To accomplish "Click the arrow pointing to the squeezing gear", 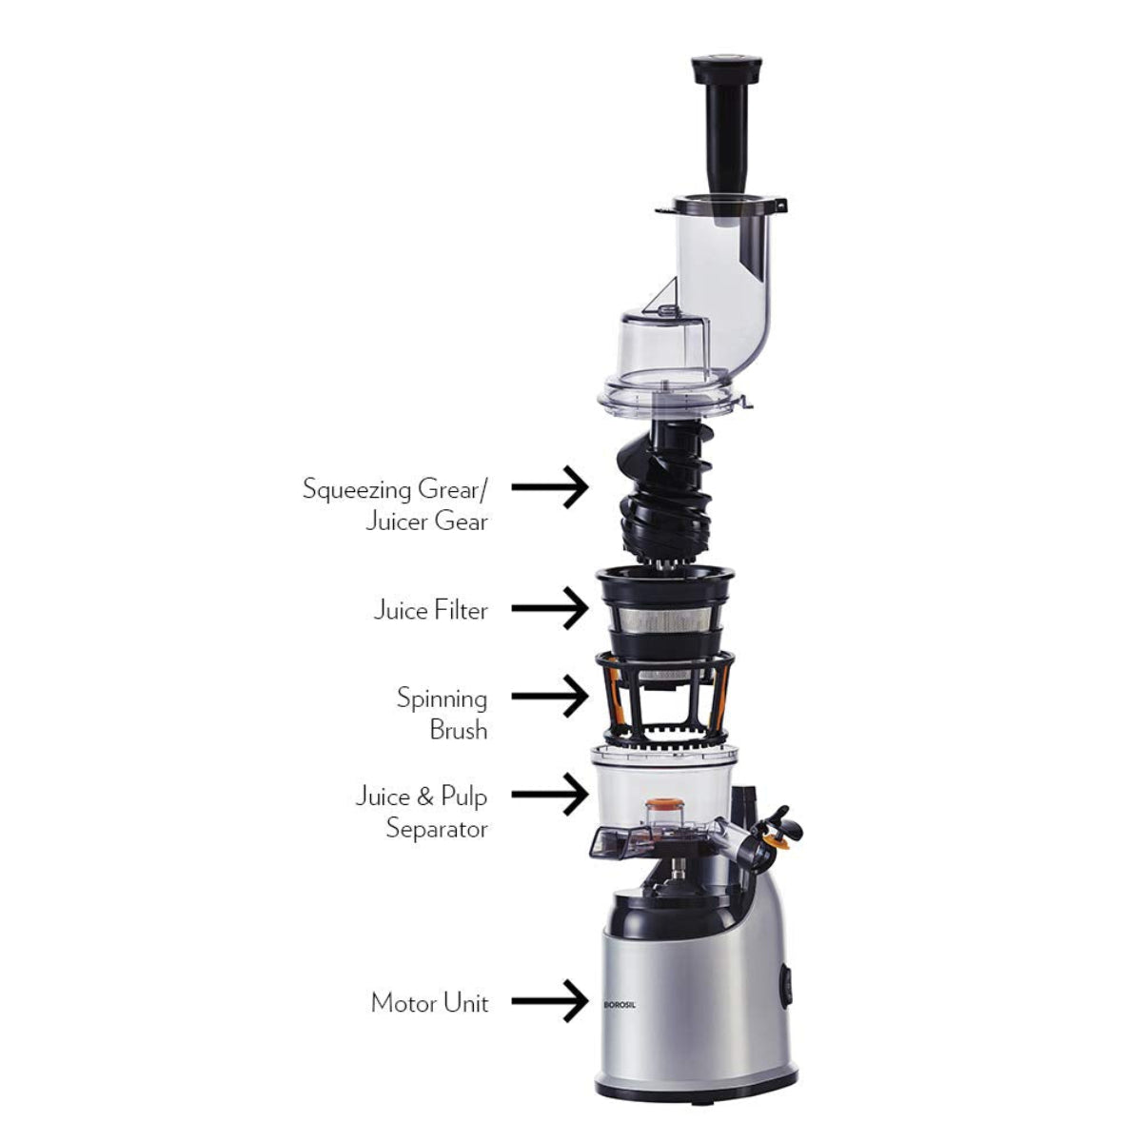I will coord(550,487).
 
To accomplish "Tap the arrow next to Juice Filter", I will coord(550,608).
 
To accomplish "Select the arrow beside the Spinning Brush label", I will coord(550,697).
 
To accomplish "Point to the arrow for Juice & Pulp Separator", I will coord(550,795).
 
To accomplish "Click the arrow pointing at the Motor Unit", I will coord(550,1001).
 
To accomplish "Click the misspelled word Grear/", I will coord(453,489).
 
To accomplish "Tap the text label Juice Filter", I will coord(430,609).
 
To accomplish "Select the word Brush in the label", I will coord(459,730).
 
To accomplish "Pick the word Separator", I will coord(437,828).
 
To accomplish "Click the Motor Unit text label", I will coord(429,1003).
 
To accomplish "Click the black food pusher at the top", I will coord(726,124).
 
